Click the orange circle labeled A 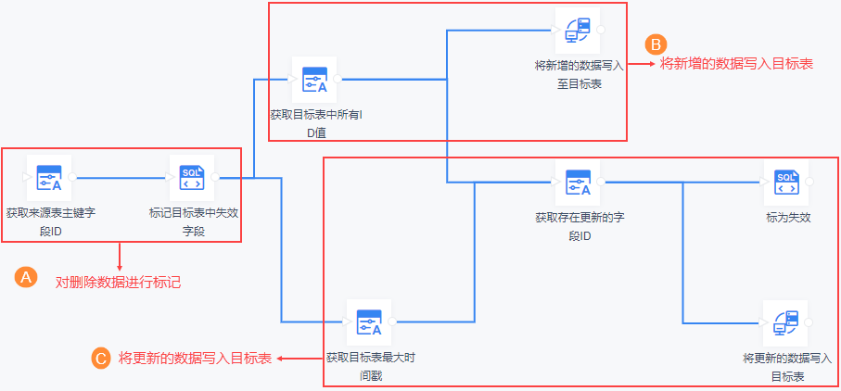(28, 277)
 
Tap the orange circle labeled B (656, 44)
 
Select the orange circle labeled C (101, 358)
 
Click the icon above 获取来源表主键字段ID (49, 177)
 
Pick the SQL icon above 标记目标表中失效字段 (190, 177)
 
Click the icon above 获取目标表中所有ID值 (314, 80)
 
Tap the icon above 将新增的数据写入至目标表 (578, 31)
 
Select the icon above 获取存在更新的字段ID (578, 182)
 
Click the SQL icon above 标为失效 (785, 182)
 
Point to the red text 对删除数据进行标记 (118, 282)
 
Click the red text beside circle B (736, 64)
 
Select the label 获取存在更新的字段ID (579, 227)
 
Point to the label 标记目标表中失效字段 (194, 222)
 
